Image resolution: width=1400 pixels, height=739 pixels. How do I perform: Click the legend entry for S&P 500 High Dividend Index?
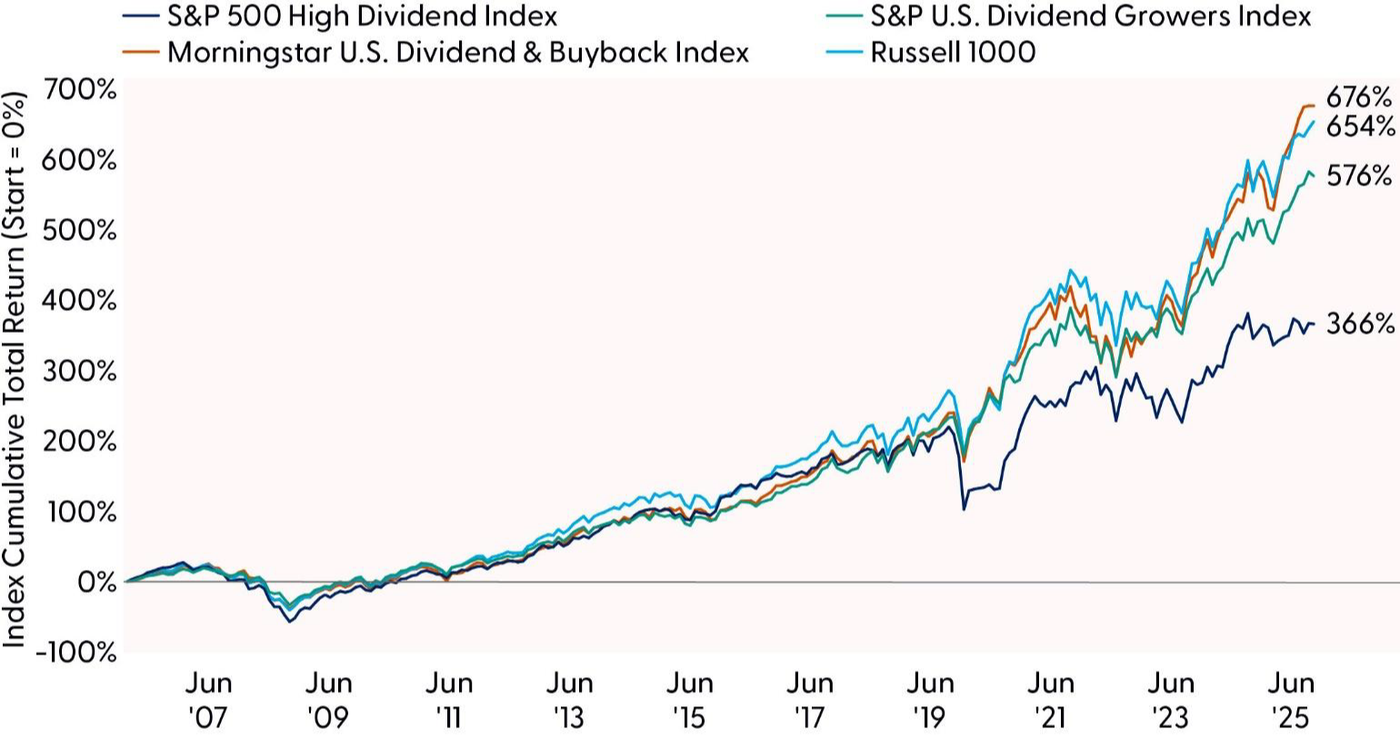[363, 15]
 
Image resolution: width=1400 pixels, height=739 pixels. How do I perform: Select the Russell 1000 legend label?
[952, 52]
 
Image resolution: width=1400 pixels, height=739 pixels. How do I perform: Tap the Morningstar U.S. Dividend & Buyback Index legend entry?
[458, 52]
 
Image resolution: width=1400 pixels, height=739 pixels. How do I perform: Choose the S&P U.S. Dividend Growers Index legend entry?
[1090, 15]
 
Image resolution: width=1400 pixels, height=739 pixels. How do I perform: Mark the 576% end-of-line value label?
[1359, 175]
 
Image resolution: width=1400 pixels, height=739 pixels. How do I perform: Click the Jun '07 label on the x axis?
[209, 700]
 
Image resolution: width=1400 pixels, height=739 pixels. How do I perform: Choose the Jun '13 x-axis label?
[569, 700]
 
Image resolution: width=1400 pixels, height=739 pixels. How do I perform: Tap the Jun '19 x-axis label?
[929, 700]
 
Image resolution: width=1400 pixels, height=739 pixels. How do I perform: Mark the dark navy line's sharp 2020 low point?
[964, 509]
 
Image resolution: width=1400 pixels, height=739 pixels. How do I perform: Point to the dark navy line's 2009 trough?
[290, 622]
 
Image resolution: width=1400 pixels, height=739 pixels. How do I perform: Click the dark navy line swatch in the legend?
[142, 16]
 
